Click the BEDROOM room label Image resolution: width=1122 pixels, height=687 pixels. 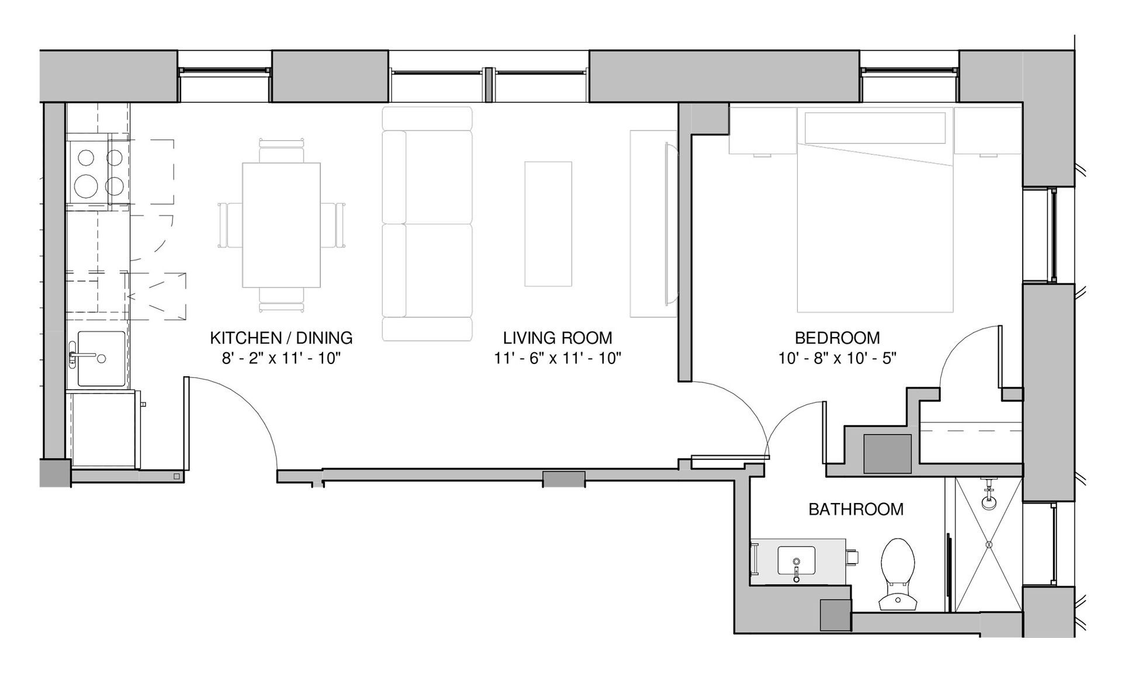[x=837, y=338]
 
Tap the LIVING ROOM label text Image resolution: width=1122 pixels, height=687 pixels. [x=557, y=338]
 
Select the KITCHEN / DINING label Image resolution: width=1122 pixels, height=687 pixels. [x=281, y=338]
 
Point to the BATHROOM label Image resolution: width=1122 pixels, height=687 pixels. [x=856, y=509]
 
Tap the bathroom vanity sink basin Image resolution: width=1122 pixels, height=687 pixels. [x=796, y=560]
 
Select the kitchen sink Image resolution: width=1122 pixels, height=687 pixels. [x=101, y=359]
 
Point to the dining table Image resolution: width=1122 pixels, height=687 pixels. [x=282, y=225]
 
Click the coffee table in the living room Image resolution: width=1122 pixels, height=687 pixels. [x=548, y=224]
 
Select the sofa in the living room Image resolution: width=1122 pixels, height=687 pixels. [x=427, y=224]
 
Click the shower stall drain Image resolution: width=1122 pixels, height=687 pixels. [x=989, y=544]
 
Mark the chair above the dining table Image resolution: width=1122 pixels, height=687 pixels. [x=282, y=151]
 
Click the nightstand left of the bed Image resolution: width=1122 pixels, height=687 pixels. [x=763, y=130]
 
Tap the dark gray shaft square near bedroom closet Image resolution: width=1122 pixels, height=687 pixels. [x=888, y=454]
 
